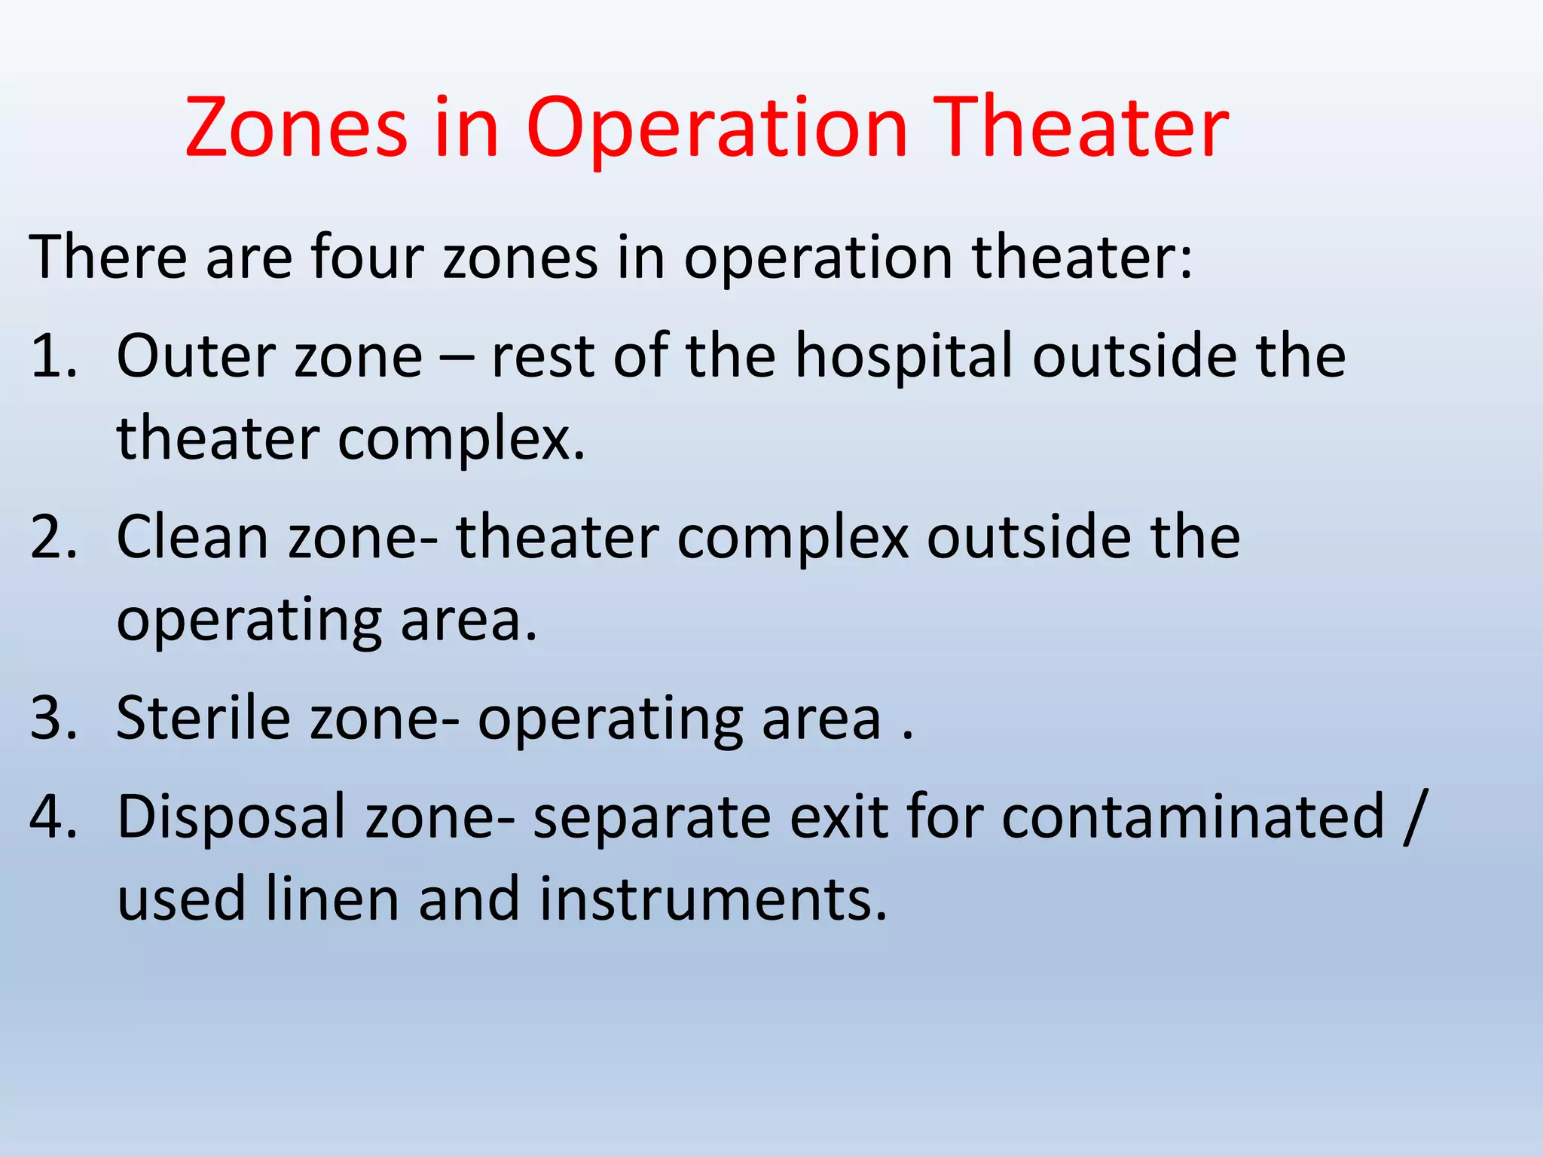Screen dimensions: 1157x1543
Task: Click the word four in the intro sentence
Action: click(x=367, y=258)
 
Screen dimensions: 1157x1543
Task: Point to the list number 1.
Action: click(x=53, y=356)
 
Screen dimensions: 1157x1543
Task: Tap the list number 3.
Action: click(x=53, y=718)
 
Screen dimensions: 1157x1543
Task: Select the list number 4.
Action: click(x=53, y=817)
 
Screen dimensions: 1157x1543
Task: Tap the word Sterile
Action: click(x=203, y=718)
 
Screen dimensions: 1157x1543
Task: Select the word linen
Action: click(x=332, y=899)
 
